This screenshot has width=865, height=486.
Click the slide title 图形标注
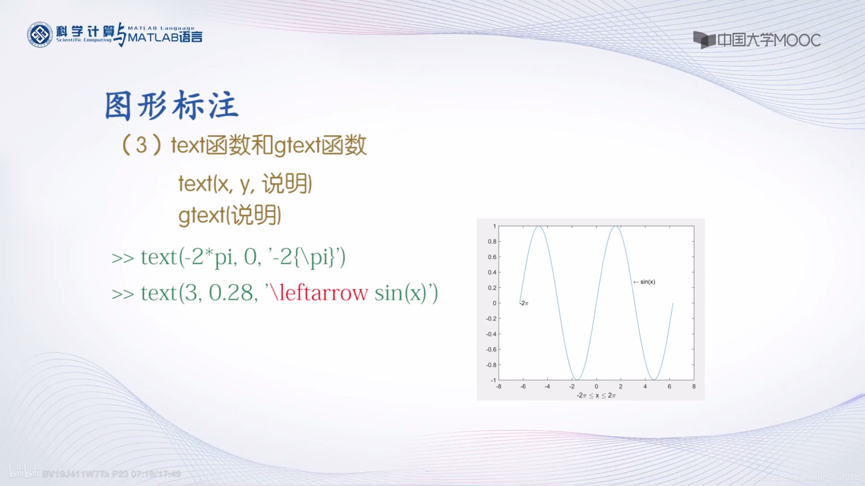point(172,105)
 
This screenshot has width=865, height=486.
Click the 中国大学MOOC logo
point(756,40)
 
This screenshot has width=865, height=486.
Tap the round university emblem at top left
point(40,35)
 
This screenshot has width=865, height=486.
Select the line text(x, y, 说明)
point(245,184)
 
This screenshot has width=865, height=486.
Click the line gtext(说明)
point(230,215)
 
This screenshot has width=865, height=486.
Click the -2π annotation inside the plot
point(524,303)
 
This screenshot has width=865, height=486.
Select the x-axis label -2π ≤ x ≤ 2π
point(596,395)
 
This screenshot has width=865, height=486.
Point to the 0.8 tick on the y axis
point(492,241)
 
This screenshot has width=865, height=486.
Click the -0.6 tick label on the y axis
point(491,349)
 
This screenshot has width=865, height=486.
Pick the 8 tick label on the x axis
point(694,386)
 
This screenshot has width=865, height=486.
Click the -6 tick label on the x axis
point(523,386)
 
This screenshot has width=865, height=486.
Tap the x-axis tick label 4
point(645,386)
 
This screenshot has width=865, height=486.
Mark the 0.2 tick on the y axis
point(492,288)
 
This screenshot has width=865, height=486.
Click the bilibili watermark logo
point(24,472)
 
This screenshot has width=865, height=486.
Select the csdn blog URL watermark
point(803,478)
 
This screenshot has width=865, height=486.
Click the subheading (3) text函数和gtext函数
point(244,146)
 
